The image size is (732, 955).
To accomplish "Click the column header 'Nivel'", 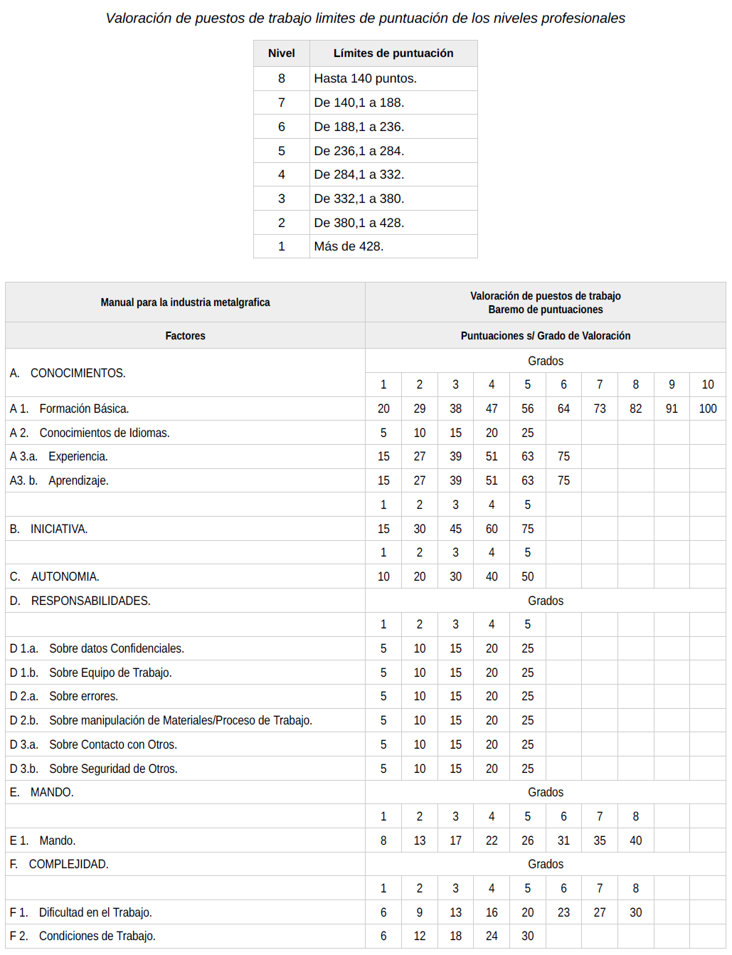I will [281, 53].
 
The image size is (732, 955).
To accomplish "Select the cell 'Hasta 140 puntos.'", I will [365, 78].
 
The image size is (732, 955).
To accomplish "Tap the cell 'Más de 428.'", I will [349, 246].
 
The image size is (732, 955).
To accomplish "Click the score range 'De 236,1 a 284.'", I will [359, 151].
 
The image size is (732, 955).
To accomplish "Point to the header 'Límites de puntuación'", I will [393, 53].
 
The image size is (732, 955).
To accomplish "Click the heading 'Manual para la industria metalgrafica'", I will [185, 302].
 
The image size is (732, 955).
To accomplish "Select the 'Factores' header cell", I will [185, 336].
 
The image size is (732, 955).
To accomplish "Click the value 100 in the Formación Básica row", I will [707, 408].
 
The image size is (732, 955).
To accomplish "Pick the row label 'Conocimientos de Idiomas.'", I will [104, 433].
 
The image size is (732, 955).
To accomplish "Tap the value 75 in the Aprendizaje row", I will [563, 481].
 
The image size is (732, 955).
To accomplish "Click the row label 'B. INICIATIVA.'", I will [58, 529].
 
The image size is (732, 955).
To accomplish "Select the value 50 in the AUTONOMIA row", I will [527, 576].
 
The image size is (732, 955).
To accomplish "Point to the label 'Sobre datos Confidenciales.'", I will [116, 648].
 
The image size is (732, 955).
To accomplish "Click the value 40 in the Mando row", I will [635, 840].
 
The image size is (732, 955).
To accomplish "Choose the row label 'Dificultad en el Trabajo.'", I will [95, 912].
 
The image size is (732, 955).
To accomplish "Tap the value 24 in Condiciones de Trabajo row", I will [492, 936].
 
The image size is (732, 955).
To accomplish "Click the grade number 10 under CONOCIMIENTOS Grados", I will [707, 384].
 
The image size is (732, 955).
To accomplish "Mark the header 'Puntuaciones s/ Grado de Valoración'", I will [545, 336].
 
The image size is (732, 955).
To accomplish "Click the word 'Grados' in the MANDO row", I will [545, 792].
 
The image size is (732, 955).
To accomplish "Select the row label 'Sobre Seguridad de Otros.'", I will [112, 769].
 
